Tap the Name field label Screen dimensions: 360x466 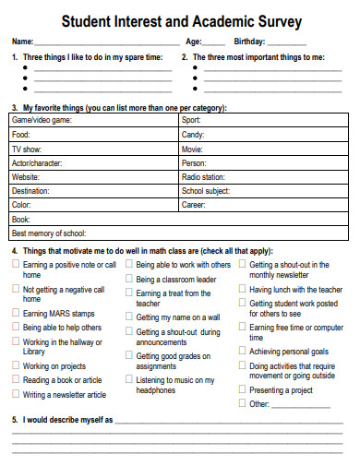pos(22,42)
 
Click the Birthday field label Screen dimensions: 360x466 pos(249,42)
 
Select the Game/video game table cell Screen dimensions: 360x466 pos(93,120)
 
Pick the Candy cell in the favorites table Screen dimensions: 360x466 pos(263,135)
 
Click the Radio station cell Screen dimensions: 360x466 pos(263,176)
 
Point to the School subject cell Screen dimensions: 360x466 pos(263,191)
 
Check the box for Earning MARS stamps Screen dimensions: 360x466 pos(15,314)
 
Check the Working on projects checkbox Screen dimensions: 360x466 pos(15,365)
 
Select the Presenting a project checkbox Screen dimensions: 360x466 pos(242,389)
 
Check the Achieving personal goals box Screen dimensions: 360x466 pos(242,352)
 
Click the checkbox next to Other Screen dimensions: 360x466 pos(242,403)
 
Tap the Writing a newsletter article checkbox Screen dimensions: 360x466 pos(15,394)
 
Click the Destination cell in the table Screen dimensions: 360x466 pos(93,191)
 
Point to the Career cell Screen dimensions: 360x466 pos(263,205)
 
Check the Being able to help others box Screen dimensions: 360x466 pos(15,327)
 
